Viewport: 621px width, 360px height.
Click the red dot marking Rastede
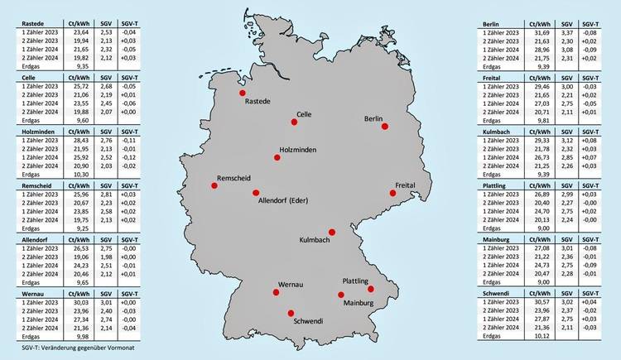243,94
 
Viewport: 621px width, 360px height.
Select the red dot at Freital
393,193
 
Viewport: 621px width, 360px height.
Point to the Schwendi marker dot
291,312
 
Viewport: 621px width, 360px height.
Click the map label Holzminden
299,149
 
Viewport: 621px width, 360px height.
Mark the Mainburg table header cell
500,238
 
